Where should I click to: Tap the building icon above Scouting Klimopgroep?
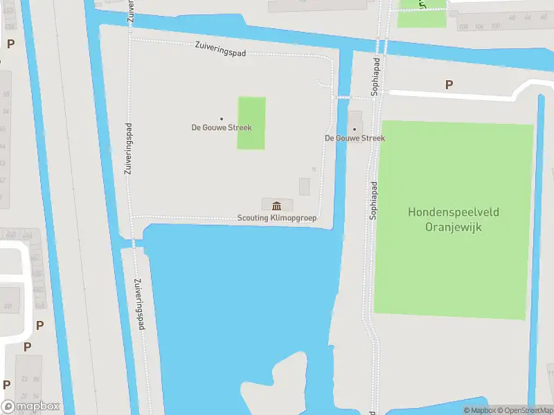coord(277,205)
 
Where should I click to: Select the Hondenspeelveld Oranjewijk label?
coord(454,219)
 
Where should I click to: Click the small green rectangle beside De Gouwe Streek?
coord(251,123)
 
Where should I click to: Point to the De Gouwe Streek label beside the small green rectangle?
coord(222,128)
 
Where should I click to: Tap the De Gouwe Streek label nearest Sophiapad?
coord(355,138)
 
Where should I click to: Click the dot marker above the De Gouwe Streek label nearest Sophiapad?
coord(355,129)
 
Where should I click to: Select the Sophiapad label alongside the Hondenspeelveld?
coord(373,201)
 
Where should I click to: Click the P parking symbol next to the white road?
coord(449,84)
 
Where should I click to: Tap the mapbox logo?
coord(30,407)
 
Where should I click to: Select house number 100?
coord(495,26)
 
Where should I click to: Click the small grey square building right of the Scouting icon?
coord(304,186)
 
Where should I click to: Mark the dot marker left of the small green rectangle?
coord(222,119)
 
